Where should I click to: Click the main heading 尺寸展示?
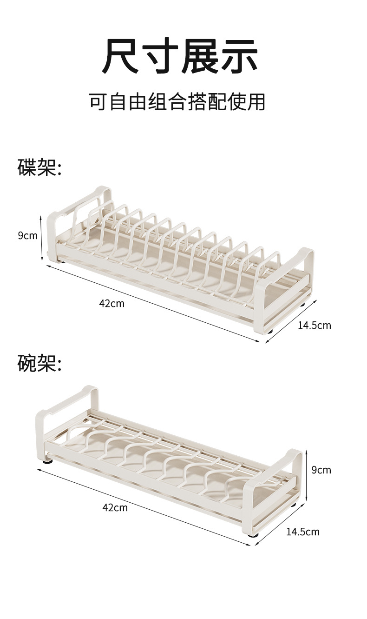pyautogui.click(x=180, y=56)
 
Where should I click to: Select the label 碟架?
pyautogui.click(x=39, y=167)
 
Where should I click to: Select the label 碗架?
pyautogui.click(x=39, y=363)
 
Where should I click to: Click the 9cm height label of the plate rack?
pyautogui.click(x=27, y=236)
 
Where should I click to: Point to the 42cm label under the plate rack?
pyautogui.click(x=111, y=303)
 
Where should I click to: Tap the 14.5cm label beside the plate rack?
pyautogui.click(x=315, y=325)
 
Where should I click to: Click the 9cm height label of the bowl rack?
pyautogui.click(x=321, y=470)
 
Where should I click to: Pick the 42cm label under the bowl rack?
pyautogui.click(x=115, y=507)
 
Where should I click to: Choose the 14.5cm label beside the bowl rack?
pyautogui.click(x=302, y=532)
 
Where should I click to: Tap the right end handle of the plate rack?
pyautogui.click(x=284, y=288)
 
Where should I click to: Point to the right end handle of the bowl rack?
pyautogui.click(x=274, y=488)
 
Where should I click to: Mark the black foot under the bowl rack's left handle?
pyautogui.click(x=48, y=462)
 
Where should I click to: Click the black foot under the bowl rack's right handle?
pyautogui.click(x=253, y=535)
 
